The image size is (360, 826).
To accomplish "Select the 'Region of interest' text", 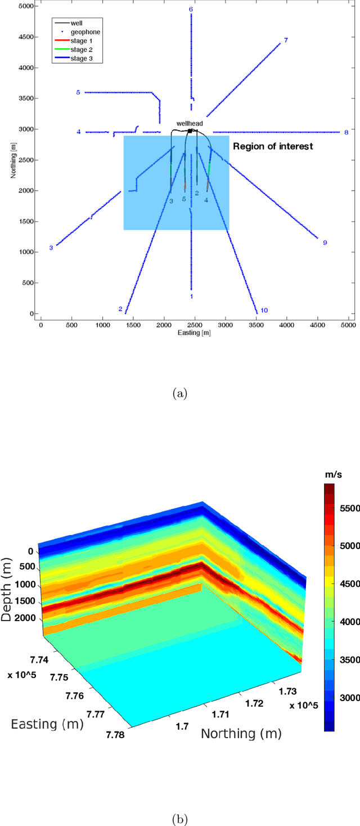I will click(273, 146).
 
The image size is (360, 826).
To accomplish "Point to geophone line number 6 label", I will click(191, 10).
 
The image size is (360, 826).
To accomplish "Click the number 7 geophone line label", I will click(286, 40).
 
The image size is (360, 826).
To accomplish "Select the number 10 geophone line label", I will click(264, 310).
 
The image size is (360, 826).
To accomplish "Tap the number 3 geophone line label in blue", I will click(51, 248).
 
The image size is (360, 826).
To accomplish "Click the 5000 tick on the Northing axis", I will click(26, 6).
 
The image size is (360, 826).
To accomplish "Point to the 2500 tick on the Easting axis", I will click(194, 325).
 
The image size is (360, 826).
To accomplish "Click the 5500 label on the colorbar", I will click(349, 508).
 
